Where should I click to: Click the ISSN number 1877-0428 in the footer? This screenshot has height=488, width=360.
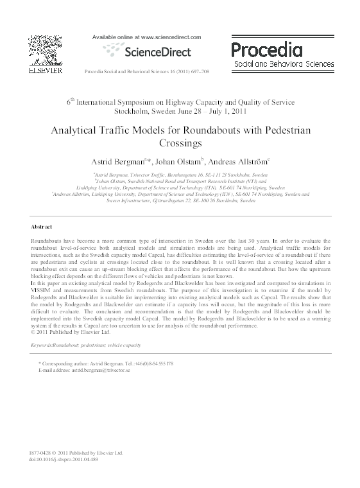point(41,453)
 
